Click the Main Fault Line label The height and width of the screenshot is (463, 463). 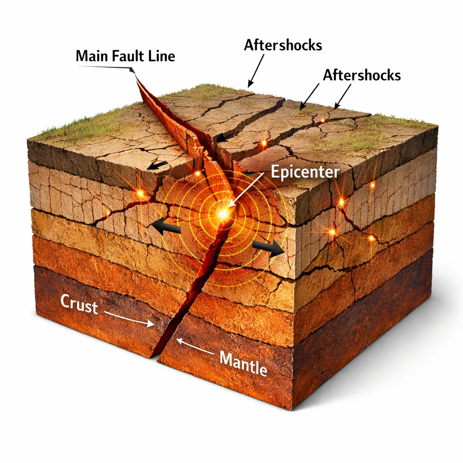coord(126,56)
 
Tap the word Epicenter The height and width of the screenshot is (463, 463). coord(305,172)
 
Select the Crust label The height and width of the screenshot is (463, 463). coord(79,304)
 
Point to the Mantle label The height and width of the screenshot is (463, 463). coord(244,364)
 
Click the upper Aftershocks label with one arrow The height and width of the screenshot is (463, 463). coord(283,45)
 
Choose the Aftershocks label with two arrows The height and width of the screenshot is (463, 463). coord(362,75)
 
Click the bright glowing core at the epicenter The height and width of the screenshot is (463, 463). coord(223,213)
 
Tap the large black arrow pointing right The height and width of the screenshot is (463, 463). coord(268,247)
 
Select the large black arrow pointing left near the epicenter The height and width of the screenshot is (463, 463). coord(165,227)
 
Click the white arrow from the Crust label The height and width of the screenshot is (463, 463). coord(129,318)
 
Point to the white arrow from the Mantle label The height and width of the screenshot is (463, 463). coord(195,345)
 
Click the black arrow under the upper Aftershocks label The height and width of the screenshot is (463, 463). coord(256,71)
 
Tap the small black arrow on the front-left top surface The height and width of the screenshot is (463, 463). coord(158,165)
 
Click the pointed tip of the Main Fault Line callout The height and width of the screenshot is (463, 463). coord(134,72)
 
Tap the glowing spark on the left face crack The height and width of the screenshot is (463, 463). coord(141,194)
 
